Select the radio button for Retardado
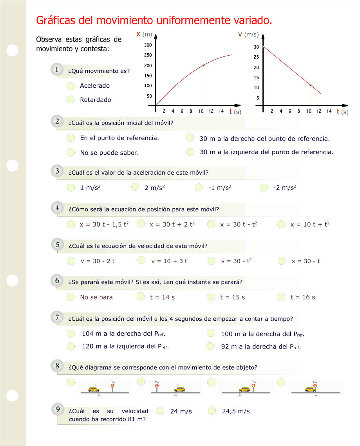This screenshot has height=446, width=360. (71, 99)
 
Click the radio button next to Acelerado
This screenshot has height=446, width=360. (71, 86)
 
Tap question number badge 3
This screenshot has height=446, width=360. (57, 171)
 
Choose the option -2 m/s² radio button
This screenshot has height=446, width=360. (264, 188)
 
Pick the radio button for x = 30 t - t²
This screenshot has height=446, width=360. (212, 224)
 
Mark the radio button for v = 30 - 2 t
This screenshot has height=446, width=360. (71, 261)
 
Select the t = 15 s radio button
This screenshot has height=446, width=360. (212, 297)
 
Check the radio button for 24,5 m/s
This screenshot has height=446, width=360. (212, 411)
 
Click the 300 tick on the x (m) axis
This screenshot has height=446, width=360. (148, 45)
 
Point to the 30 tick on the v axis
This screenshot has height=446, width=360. (256, 47)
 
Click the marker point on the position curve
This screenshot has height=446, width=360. (203, 65)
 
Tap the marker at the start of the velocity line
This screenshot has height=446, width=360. (263, 47)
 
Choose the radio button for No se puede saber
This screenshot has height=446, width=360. (71, 152)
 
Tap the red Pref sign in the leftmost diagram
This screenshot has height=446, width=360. (112, 386)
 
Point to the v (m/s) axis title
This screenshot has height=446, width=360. (248, 35)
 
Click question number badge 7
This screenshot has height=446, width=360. (57, 317)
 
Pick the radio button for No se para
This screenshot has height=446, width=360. (71, 297)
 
